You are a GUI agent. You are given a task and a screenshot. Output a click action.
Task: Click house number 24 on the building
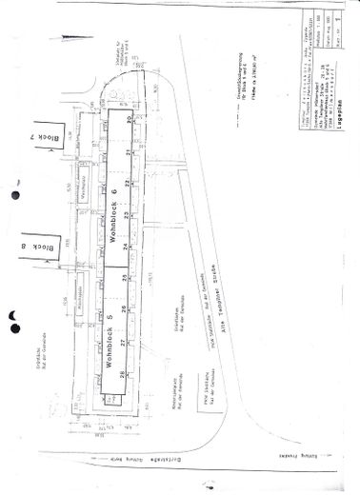(125, 247)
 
